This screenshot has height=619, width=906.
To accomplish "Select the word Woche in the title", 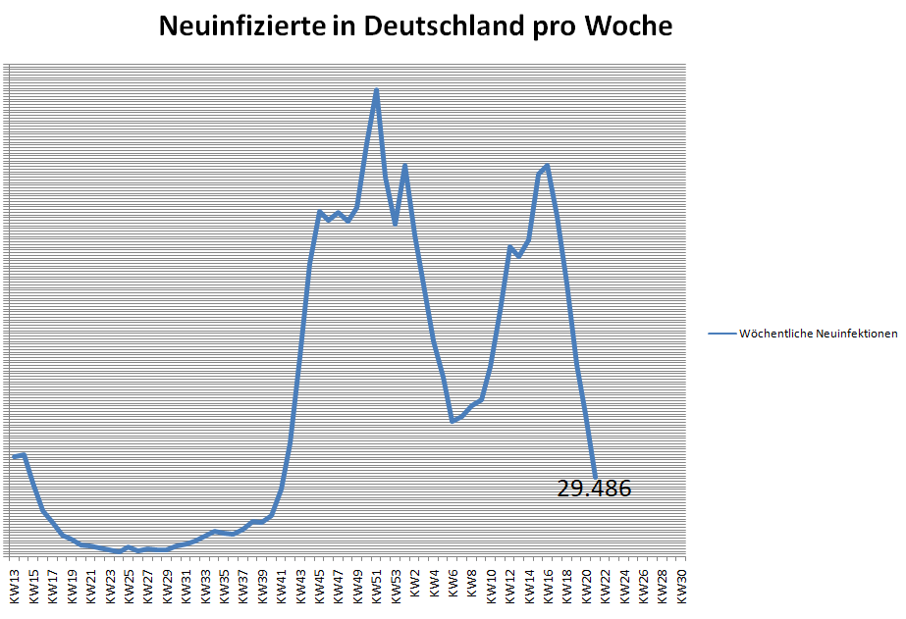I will point(628,26).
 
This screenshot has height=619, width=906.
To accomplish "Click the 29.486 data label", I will point(594,489).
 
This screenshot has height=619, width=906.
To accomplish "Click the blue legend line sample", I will point(721,334).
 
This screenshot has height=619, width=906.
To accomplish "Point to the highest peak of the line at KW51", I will point(376,90).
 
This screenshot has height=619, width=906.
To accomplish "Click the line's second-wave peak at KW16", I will point(547,165).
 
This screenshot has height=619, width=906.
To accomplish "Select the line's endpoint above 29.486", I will point(595,475).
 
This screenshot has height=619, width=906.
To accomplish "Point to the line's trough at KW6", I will point(453,421).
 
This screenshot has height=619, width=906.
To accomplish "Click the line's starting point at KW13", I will point(15,457).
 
